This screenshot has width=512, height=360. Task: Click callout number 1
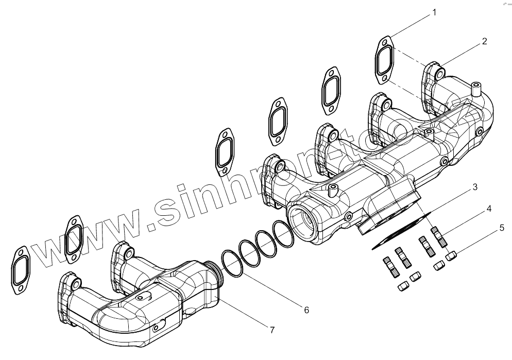[x=434, y=12]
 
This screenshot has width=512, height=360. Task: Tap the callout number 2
[x=485, y=42]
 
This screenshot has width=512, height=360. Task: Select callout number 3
[x=475, y=187]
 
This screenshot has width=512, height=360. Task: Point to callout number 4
[x=488, y=209]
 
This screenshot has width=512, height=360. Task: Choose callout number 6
[x=306, y=310]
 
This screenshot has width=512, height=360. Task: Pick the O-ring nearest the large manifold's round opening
[x=283, y=233]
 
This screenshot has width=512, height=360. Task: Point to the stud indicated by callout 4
[x=440, y=238]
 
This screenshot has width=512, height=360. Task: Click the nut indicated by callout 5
[x=452, y=255]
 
